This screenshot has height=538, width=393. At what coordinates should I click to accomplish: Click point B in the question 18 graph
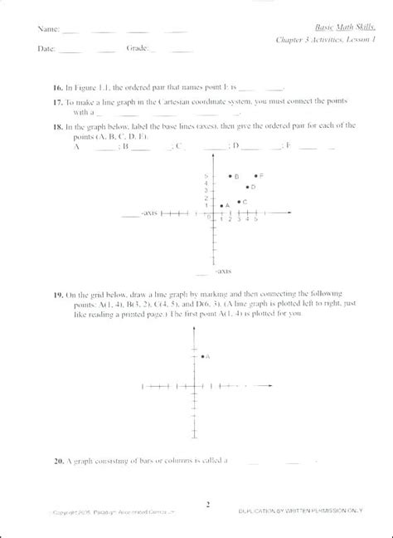(230, 177)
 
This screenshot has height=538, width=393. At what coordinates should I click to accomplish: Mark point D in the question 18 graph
(246, 188)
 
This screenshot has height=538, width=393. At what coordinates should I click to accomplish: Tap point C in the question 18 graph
(239, 202)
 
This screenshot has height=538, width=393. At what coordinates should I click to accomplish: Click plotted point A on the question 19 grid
(202, 356)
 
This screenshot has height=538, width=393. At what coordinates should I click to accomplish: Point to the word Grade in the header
(137, 49)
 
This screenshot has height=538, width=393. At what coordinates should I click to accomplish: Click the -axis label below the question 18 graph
(222, 271)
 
